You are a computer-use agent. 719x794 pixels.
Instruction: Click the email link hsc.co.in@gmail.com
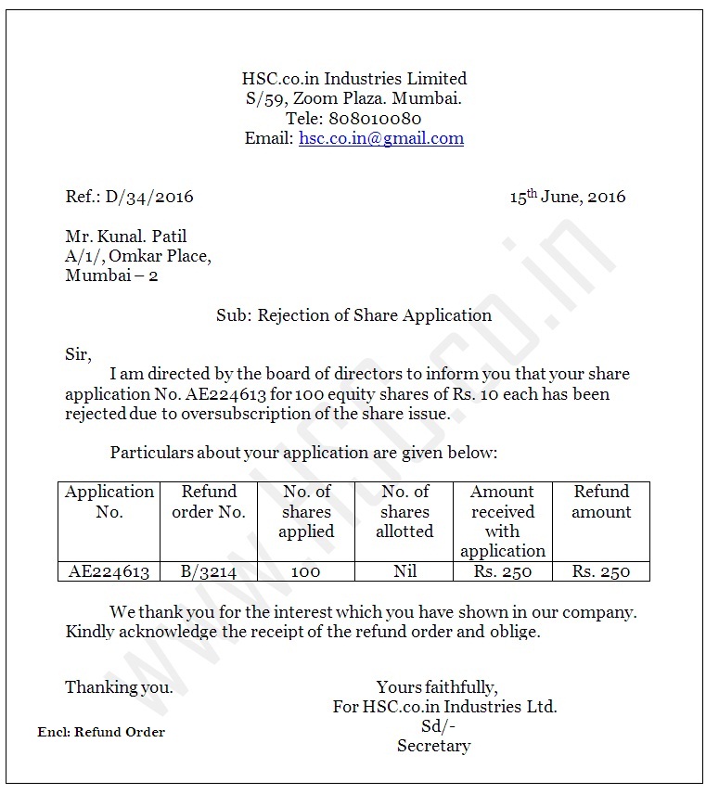380,139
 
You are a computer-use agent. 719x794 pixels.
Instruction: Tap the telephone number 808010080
376,119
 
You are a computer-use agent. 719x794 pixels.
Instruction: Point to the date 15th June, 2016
567,197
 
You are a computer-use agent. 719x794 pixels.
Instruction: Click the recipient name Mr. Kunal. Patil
126,237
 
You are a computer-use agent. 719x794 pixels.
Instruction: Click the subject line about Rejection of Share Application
353,315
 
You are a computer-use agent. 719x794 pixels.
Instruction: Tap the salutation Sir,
79,355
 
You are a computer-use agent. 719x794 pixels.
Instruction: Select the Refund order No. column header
209,502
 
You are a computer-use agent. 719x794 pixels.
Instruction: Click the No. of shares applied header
306,512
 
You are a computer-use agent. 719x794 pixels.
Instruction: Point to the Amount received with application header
503,521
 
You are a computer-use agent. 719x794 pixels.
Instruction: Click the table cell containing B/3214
209,571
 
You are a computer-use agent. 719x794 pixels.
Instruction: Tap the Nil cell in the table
404,571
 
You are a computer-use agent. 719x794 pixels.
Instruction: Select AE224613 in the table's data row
109,571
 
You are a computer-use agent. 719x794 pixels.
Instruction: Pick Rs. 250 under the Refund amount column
601,571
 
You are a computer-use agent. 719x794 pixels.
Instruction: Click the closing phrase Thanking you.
119,687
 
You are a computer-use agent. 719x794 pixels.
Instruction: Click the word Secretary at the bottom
434,746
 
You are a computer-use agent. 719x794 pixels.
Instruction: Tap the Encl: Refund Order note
101,732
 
